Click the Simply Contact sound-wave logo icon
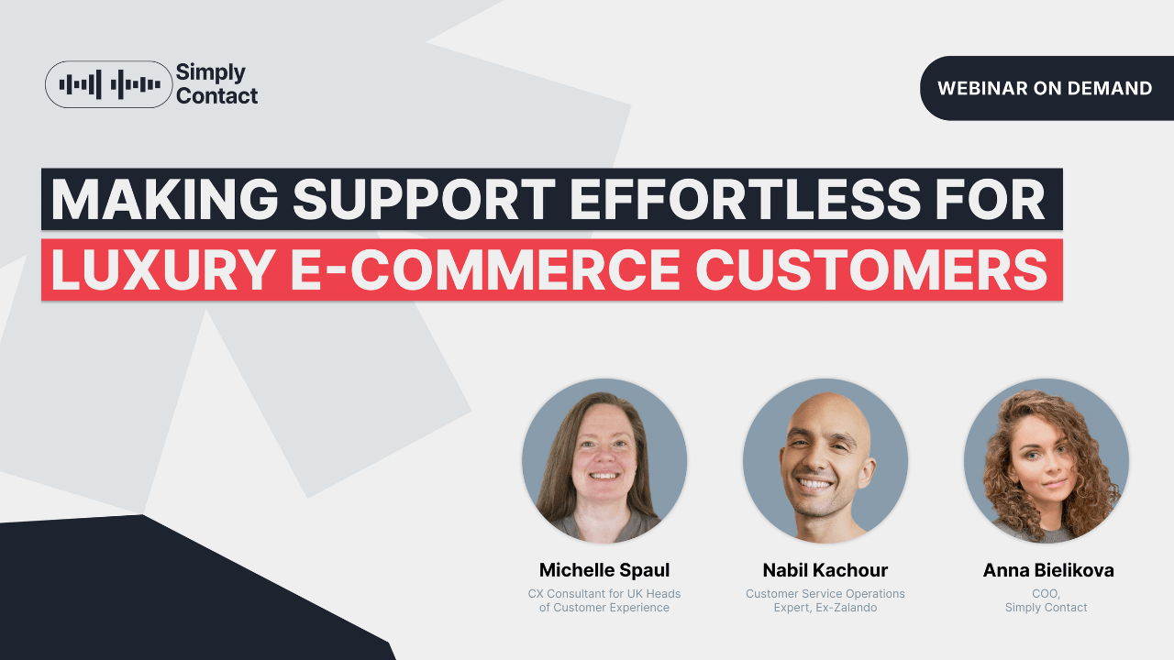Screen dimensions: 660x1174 (x=109, y=84)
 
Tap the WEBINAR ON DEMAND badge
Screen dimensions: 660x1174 (x=1045, y=88)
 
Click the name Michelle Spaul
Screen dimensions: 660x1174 (x=604, y=570)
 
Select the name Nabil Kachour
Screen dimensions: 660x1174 (x=825, y=570)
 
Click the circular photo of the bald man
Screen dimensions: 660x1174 (x=825, y=461)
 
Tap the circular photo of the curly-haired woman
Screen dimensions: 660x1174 (x=1047, y=461)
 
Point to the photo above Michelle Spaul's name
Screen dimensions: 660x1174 (x=604, y=461)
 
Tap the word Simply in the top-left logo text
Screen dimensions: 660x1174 (x=211, y=72)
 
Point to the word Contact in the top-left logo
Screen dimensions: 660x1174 (x=216, y=95)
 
